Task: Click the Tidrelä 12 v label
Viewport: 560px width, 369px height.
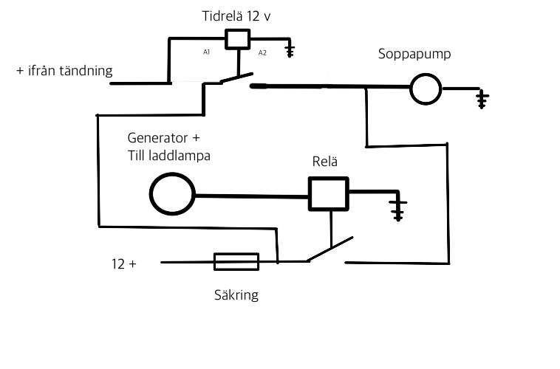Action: [x=236, y=16]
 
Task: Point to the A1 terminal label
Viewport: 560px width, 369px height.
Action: [x=206, y=52]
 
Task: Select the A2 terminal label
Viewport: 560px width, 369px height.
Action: [x=262, y=53]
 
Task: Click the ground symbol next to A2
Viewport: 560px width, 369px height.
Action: [x=290, y=52]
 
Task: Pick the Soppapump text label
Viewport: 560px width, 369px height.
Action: [x=414, y=54]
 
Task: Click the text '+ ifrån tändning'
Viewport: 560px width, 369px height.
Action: [x=64, y=71]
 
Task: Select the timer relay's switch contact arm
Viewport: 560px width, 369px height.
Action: [x=237, y=77]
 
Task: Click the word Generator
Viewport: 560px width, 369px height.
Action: [x=152, y=138]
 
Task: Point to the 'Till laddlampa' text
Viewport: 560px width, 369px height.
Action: [x=169, y=156]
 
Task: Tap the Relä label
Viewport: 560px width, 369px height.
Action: [x=324, y=162]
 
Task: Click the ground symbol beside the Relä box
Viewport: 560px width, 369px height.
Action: [x=398, y=211]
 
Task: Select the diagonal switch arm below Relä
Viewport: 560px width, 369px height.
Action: [x=330, y=249]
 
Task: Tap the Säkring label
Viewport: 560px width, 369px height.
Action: [x=236, y=295]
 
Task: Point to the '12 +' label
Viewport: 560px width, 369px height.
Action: [x=124, y=264]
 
